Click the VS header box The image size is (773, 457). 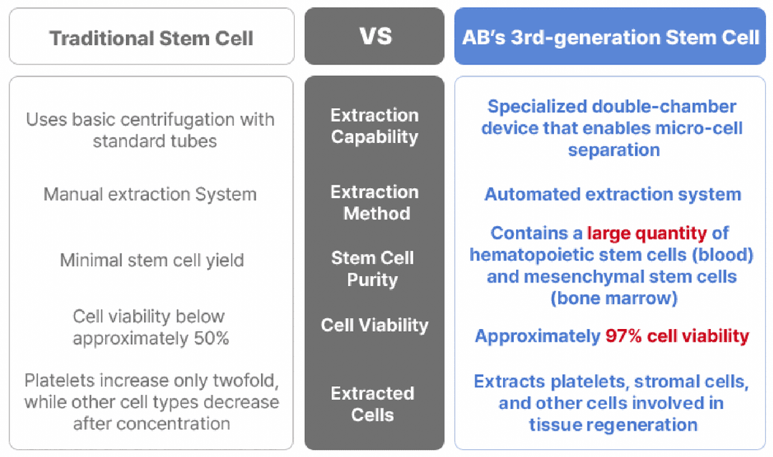[374, 36]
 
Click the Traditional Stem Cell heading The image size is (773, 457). [151, 38]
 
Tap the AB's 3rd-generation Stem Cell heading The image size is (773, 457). [611, 37]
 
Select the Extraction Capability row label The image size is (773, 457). [374, 126]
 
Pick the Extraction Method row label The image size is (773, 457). [374, 202]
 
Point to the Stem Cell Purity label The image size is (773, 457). [373, 268]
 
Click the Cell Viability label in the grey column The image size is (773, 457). [374, 325]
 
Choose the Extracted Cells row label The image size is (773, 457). [373, 404]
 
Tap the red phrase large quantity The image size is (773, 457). [647, 233]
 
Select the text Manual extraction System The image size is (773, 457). [150, 194]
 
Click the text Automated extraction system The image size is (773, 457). [613, 194]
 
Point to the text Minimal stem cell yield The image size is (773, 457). [152, 260]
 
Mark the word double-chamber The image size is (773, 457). [663, 107]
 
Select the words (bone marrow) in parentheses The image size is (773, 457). [614, 298]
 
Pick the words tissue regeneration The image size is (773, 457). [613, 425]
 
